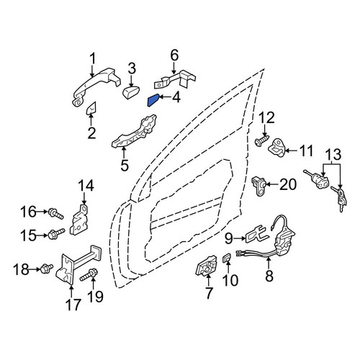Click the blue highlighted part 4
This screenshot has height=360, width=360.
(153, 100)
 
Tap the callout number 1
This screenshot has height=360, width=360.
(93, 58)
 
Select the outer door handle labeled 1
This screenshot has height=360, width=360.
(96, 86)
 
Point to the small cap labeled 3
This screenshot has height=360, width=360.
(131, 93)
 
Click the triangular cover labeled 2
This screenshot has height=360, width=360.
(91, 109)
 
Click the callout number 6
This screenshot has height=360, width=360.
(174, 55)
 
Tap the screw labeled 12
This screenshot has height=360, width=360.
(262, 140)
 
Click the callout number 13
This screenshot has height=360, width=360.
(332, 155)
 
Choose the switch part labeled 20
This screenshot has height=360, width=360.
(258, 186)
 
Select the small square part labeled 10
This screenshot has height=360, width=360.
(227, 258)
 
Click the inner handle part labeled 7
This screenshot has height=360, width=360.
(207, 266)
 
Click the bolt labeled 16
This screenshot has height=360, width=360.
(56, 214)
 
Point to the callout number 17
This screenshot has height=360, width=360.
(73, 305)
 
